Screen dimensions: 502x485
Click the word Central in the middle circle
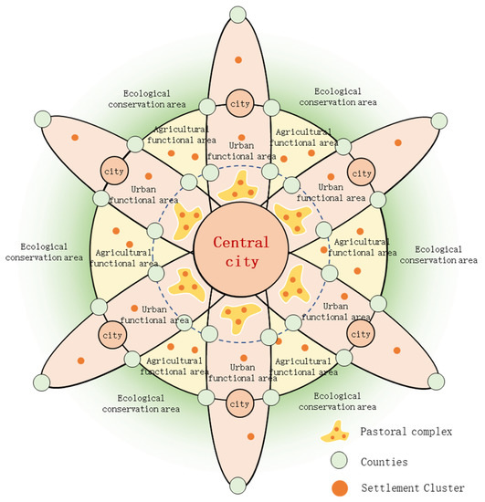(241, 243)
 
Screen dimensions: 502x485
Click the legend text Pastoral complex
(406, 430)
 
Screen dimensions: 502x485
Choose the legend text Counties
(389, 459)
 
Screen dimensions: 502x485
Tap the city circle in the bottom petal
(239, 403)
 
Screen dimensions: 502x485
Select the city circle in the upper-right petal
(362, 171)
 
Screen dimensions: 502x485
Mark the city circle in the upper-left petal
(117, 171)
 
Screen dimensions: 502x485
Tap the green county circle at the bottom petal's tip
(239, 490)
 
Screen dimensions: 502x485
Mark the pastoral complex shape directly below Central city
(238, 317)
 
